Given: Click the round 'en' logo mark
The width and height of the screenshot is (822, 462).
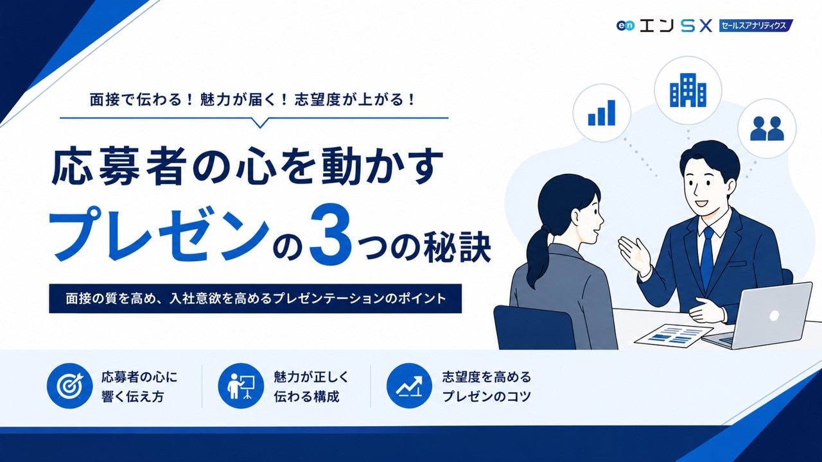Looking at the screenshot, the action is (625, 26).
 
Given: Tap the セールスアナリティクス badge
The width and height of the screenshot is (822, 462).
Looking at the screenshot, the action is (756, 26).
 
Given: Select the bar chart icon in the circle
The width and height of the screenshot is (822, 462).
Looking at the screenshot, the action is (602, 113).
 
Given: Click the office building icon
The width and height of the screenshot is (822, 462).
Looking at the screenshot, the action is (688, 90).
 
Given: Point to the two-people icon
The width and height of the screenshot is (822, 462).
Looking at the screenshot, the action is (767, 128).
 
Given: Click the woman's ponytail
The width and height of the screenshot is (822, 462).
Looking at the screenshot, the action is (537, 253).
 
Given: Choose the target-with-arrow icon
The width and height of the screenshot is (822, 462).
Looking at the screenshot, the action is (69, 386).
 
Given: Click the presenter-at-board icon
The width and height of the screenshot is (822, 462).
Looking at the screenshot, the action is (241, 386).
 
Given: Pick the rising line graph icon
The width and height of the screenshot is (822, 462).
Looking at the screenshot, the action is (409, 386).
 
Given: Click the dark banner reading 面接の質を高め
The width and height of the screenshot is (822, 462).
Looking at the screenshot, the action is (256, 298).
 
